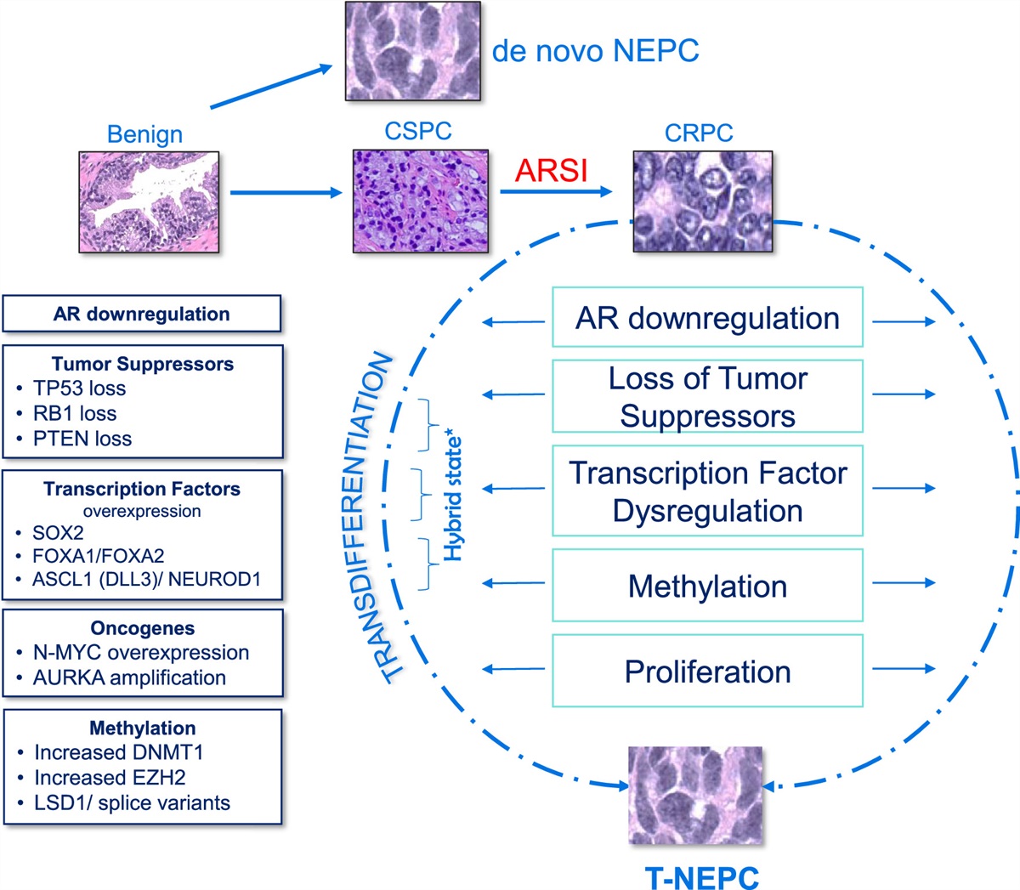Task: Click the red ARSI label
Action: pos(551,170)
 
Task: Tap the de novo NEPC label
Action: pos(595,51)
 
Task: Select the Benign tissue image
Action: pos(149,201)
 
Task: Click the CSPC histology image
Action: pos(421,201)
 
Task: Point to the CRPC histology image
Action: pos(702,201)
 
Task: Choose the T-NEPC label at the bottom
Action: pos(702,876)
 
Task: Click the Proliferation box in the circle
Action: pos(707,672)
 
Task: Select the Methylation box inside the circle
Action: pos(707,587)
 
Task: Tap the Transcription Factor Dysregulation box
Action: pos(707,491)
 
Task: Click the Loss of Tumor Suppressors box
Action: pos(707,396)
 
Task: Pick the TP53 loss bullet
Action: pos(79,388)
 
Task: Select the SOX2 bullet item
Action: pos(58,533)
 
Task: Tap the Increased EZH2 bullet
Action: pos(110,777)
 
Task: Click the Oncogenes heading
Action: pos(142,628)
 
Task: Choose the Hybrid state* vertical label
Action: pos(454,497)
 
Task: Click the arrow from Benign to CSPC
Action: pos(285,193)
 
